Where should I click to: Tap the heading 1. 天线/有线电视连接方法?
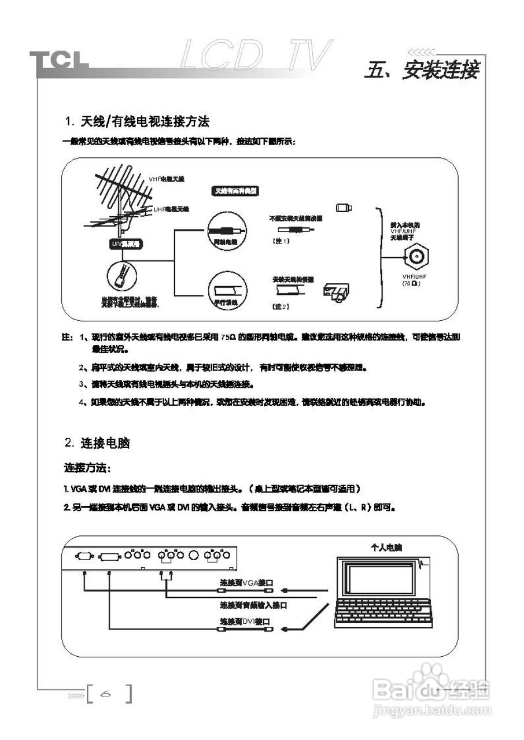click(136, 122)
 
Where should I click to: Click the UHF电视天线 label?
click(171, 209)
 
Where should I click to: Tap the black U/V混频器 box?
click(126, 244)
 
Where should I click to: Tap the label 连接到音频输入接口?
click(253, 605)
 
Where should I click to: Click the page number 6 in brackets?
click(108, 693)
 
